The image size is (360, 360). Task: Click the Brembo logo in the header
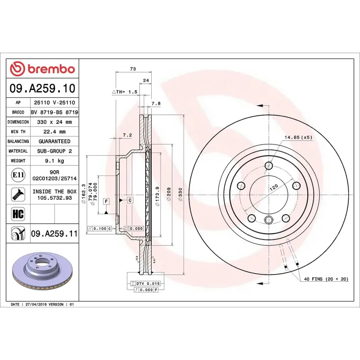click(x=42, y=69)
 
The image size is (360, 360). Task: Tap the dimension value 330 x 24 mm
click(x=54, y=122)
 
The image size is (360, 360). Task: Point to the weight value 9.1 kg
click(x=54, y=161)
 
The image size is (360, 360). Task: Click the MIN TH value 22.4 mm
click(x=54, y=132)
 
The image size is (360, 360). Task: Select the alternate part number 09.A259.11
click(x=54, y=234)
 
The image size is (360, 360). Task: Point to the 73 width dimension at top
click(x=133, y=69)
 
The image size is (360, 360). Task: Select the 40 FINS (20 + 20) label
click(x=326, y=279)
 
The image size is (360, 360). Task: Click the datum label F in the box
click(x=106, y=202)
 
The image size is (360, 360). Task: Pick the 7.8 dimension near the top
click(x=156, y=103)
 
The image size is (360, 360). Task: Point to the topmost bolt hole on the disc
click(x=269, y=165)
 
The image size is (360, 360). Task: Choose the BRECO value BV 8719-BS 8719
click(x=54, y=112)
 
